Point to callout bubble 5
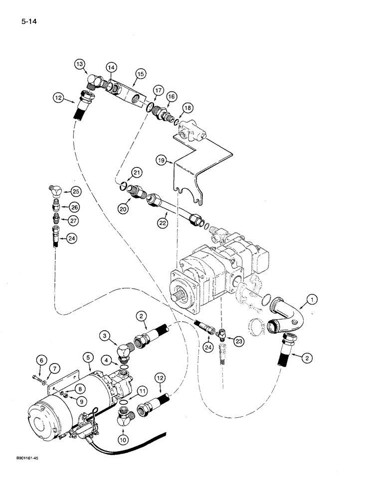[88, 357]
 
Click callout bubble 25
[75, 191]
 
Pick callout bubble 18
[188, 108]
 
